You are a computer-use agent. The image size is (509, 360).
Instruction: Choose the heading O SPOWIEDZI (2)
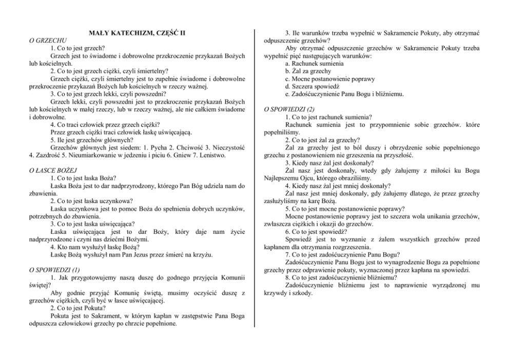289,109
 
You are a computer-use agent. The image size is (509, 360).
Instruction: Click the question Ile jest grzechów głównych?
92,139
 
